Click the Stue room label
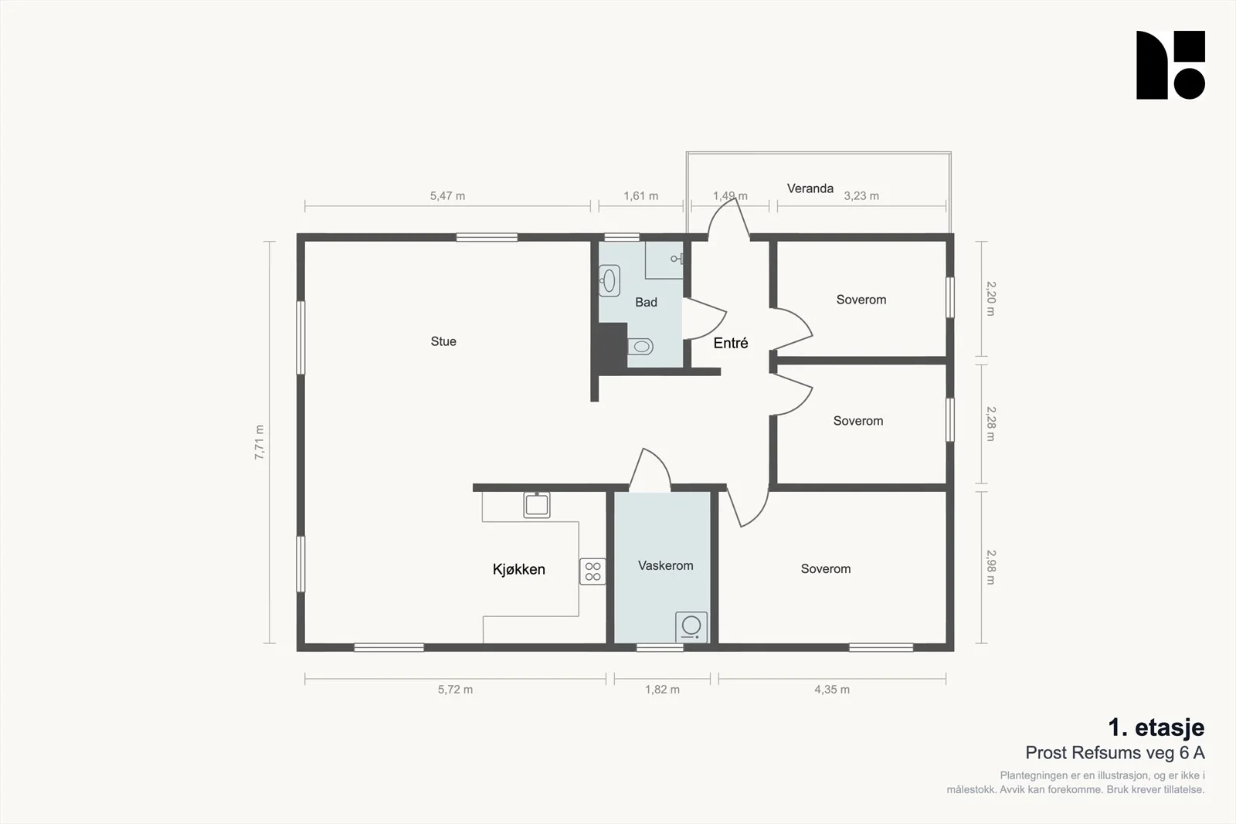tap(443, 341)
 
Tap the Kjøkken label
tap(518, 569)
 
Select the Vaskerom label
tap(665, 565)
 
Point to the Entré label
tap(731, 343)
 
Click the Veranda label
tap(810, 188)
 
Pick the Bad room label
tap(646, 302)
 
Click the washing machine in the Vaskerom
tap(691, 627)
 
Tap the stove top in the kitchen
tap(593, 571)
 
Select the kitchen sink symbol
tap(537, 504)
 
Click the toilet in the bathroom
tap(640, 347)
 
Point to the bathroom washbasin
tap(610, 281)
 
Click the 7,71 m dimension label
tap(260, 443)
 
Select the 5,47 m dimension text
tap(447, 196)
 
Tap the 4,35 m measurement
tap(832, 690)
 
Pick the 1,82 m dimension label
tap(662, 690)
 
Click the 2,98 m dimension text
tap(991, 567)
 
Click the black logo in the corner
tap(1170, 65)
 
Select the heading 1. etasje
tap(1156, 727)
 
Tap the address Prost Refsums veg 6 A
tap(1115, 753)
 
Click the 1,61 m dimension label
tap(640, 196)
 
